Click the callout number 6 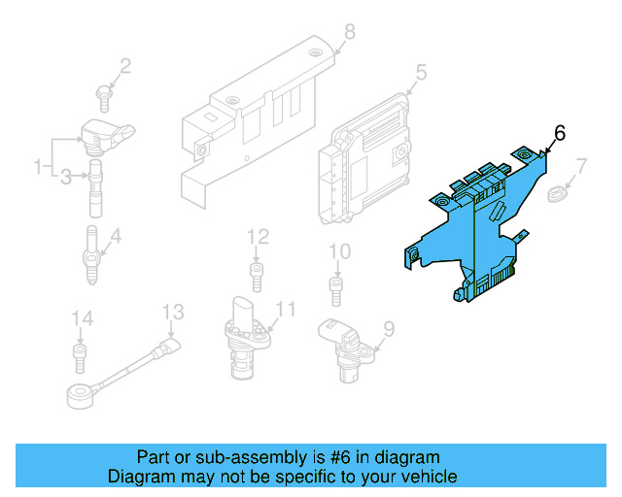pyautogui.click(x=559, y=133)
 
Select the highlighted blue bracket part pyautogui.click(x=476, y=228)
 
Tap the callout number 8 pyautogui.click(x=349, y=32)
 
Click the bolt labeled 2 pyautogui.click(x=104, y=93)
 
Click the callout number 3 pyautogui.click(x=66, y=177)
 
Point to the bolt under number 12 pyautogui.click(x=257, y=276)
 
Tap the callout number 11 pyautogui.click(x=285, y=310)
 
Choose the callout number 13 pyautogui.click(x=172, y=312)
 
